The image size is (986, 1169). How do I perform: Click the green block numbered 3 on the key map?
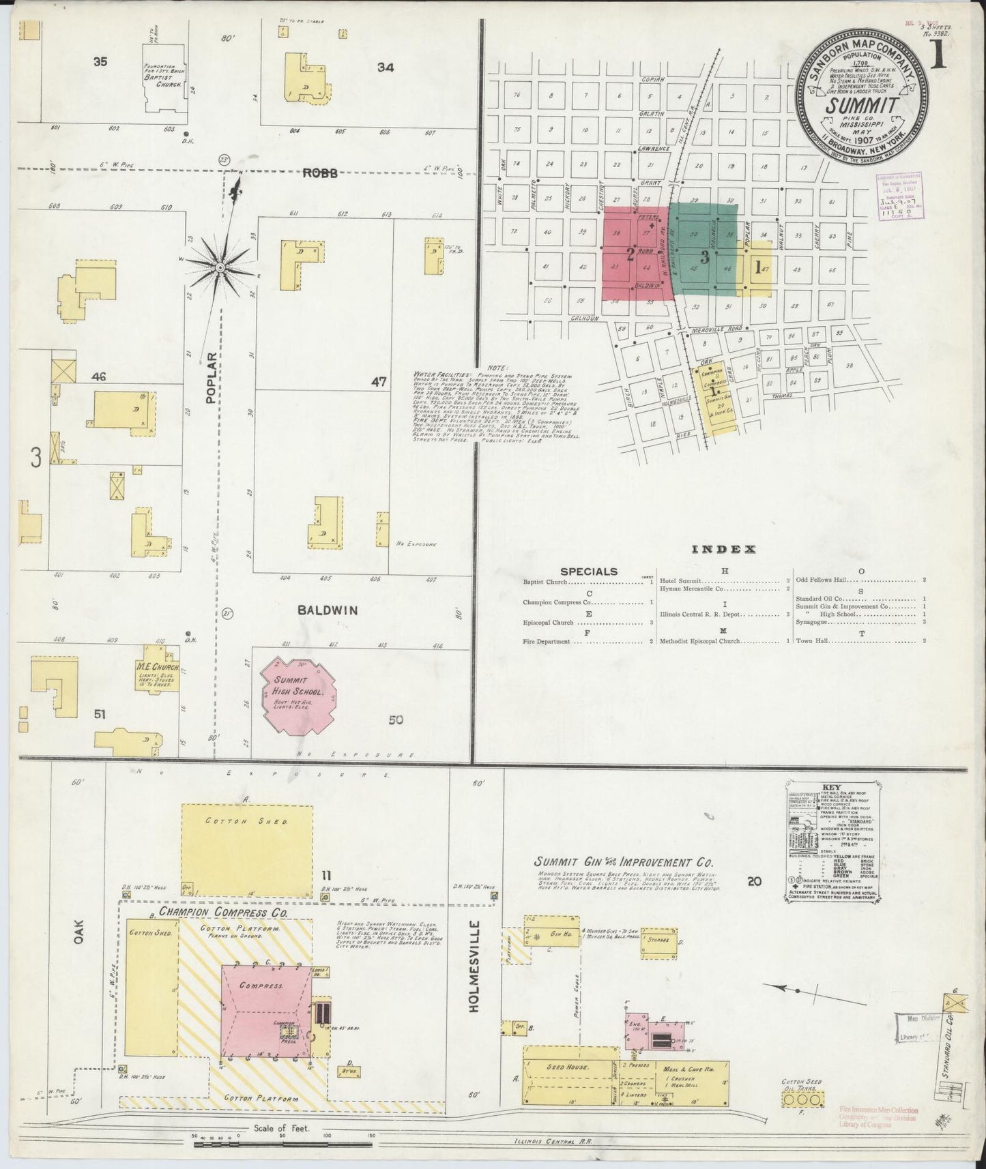[704, 257]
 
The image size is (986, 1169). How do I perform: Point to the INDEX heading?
[723, 549]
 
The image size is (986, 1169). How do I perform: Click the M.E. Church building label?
[158, 666]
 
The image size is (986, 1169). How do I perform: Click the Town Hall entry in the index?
[811, 641]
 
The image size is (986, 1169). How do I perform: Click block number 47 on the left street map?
[379, 382]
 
